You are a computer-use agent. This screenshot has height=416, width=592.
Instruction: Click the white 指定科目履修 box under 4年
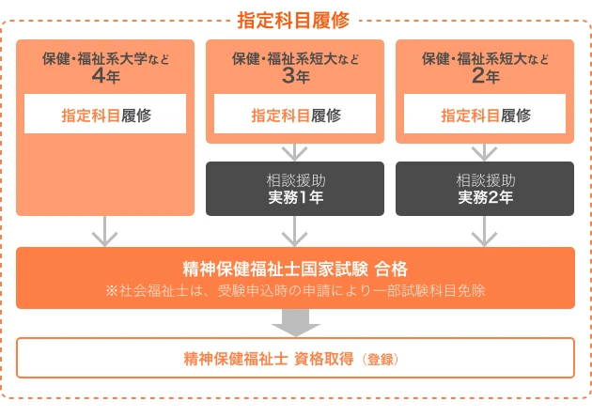105,116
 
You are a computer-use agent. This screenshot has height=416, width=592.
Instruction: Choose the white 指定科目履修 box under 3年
295,116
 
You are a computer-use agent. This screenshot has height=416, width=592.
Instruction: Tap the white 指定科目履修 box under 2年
485,116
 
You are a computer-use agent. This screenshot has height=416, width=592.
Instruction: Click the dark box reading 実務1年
295,189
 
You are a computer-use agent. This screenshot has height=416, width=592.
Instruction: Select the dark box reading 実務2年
485,189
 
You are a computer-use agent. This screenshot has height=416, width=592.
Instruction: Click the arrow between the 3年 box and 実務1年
295,151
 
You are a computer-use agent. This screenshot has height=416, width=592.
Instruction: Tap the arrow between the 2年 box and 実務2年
485,151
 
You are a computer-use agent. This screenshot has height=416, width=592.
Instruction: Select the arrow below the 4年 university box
105,230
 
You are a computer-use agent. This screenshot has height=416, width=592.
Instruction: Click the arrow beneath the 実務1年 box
295,230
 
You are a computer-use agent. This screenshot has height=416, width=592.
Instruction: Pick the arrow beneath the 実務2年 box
485,230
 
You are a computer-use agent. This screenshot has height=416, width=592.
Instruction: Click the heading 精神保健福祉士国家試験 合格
295,268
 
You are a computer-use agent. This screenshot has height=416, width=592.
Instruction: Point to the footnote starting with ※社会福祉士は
295,290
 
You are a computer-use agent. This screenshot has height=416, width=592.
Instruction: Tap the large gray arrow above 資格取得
295,322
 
